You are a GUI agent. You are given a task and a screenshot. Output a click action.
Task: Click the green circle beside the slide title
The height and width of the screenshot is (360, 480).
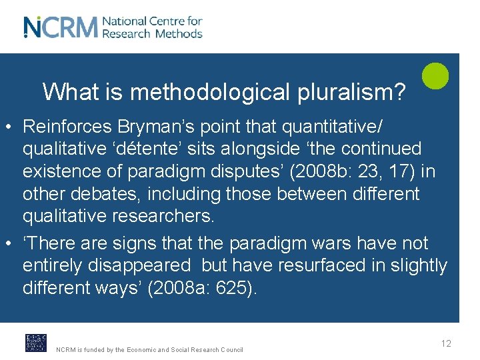pos(435,75)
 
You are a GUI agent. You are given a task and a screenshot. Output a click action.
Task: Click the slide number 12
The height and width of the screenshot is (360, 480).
pos(446,343)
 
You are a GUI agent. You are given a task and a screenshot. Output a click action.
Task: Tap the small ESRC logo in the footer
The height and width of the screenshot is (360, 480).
pos(36,343)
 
